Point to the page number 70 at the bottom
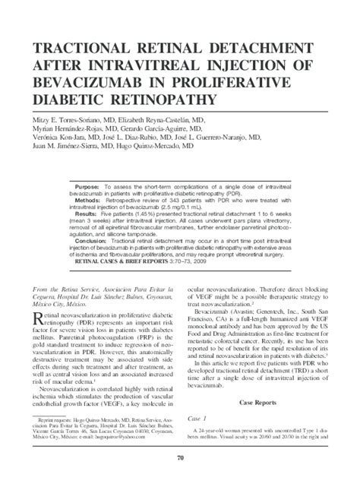click(180, 456)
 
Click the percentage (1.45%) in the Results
click(155, 215)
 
